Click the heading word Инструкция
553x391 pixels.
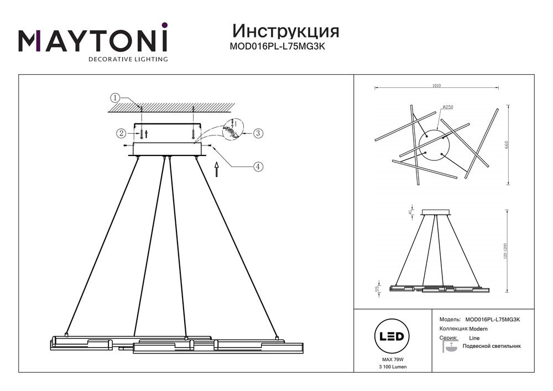coord(286,31)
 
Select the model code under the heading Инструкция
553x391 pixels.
coord(277,47)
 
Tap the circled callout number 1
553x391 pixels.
coord(114,98)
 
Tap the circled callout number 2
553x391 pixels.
coord(121,133)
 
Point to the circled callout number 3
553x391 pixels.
coord(257,133)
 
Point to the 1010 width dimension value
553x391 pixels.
coord(436,86)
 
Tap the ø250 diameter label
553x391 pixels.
coord(448,107)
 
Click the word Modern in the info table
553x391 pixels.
coord(474,329)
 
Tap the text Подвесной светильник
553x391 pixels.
coord(495,346)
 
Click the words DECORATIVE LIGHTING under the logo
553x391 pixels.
coord(128,59)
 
